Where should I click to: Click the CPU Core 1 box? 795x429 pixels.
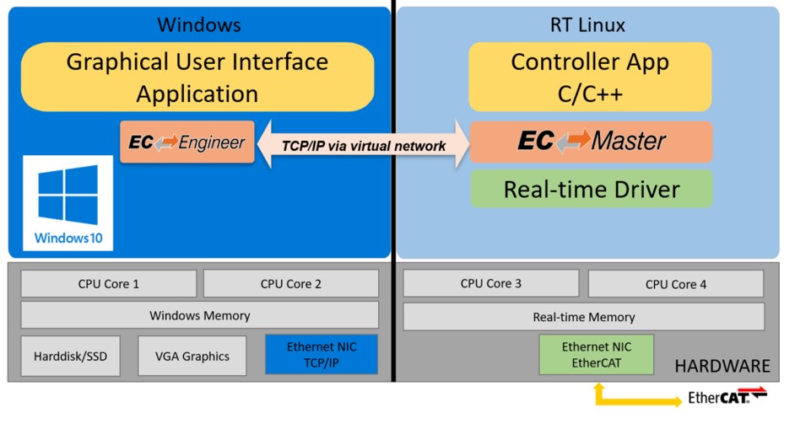click(x=108, y=284)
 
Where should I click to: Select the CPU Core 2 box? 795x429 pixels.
click(x=290, y=284)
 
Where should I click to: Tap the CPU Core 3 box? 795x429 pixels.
click(x=490, y=284)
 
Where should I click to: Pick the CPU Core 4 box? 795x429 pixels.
click(x=675, y=285)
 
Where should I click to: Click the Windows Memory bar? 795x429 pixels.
click(x=199, y=316)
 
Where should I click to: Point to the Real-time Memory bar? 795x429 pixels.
click(x=583, y=318)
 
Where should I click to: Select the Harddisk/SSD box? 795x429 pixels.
click(x=70, y=356)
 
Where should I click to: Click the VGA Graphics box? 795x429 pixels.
click(x=192, y=356)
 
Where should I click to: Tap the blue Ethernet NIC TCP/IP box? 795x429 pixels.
click(x=321, y=355)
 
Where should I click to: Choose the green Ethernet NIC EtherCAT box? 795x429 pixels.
click(x=596, y=355)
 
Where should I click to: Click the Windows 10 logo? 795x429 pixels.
click(x=68, y=202)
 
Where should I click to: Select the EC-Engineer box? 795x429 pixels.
click(x=187, y=142)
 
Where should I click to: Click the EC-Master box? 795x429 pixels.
click(x=591, y=142)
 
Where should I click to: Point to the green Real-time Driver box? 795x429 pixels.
click(x=591, y=190)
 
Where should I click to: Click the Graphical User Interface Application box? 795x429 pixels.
click(x=197, y=77)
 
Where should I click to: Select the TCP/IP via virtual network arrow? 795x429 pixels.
click(x=363, y=145)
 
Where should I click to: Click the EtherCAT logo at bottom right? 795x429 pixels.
click(x=727, y=396)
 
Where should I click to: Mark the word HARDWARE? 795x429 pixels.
click(x=722, y=366)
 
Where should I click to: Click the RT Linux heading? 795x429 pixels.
click(x=587, y=25)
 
